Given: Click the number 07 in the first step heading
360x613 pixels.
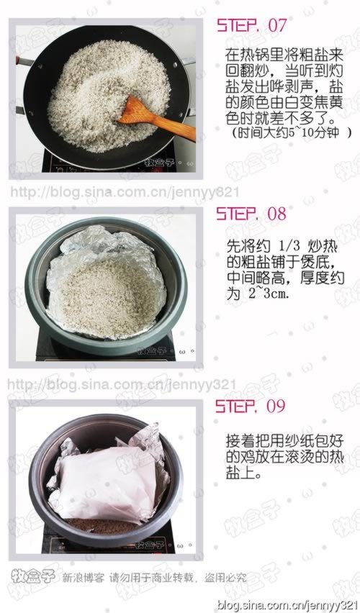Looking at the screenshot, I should (x=276, y=25).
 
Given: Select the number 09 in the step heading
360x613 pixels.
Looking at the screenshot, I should (x=276, y=406).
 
